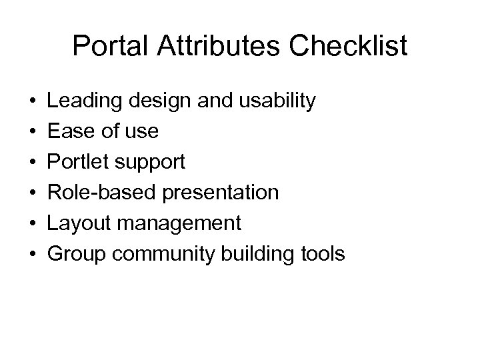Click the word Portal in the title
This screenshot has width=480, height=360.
point(105,46)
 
